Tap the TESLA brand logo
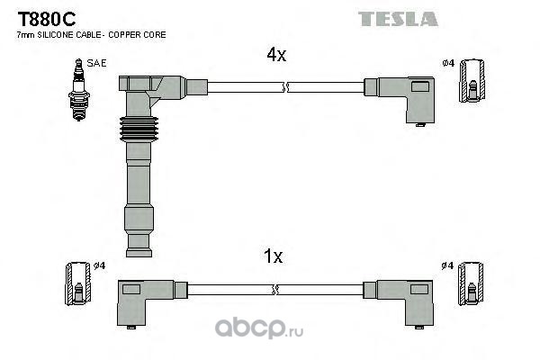coord(398,18)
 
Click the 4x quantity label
coord(275,55)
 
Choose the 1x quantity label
coord(273,256)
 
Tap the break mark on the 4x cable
coord(285,87)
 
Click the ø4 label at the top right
coord(448,63)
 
